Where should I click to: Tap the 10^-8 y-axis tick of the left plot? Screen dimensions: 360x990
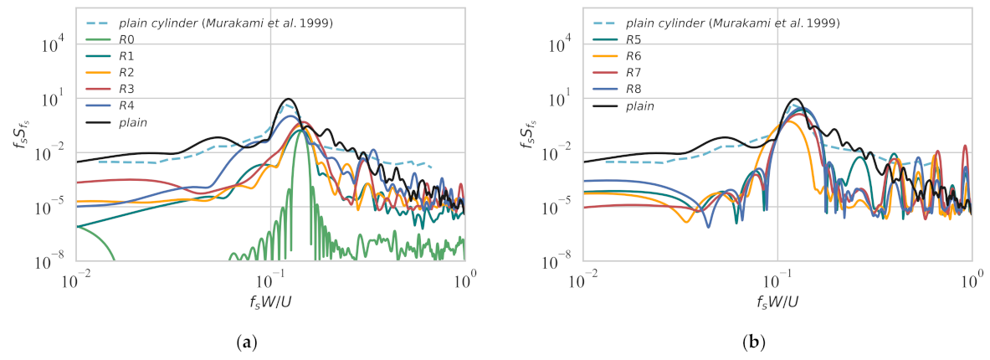click(x=54, y=262)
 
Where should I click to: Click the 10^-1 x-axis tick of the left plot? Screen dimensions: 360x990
click(x=269, y=277)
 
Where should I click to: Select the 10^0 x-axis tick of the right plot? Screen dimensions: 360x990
click(x=971, y=277)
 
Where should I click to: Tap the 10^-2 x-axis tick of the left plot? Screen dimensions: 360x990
click(x=76, y=277)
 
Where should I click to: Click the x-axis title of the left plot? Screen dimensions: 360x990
click(x=269, y=300)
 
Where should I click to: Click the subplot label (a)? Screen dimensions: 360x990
click(x=270, y=342)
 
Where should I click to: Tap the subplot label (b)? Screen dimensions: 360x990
click(x=777, y=342)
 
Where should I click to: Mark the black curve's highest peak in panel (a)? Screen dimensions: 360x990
click(x=289, y=100)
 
